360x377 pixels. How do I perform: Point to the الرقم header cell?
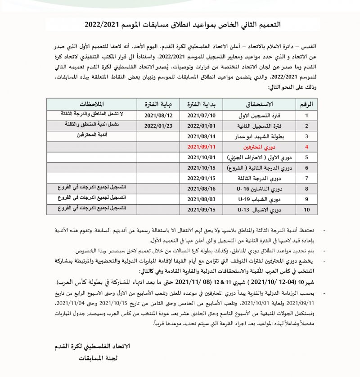coord(306,104)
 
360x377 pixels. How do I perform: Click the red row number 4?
coord(306,147)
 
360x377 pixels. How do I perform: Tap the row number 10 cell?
coord(306,210)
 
